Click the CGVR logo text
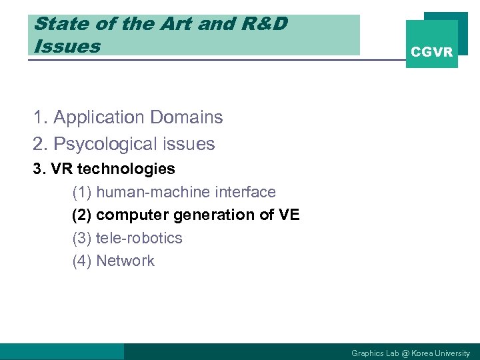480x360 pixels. click(x=432, y=52)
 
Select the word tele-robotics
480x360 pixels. click(x=139, y=238)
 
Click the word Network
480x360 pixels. click(x=125, y=261)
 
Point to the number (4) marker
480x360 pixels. click(x=81, y=261)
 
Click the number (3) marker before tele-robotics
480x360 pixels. click(x=81, y=238)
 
